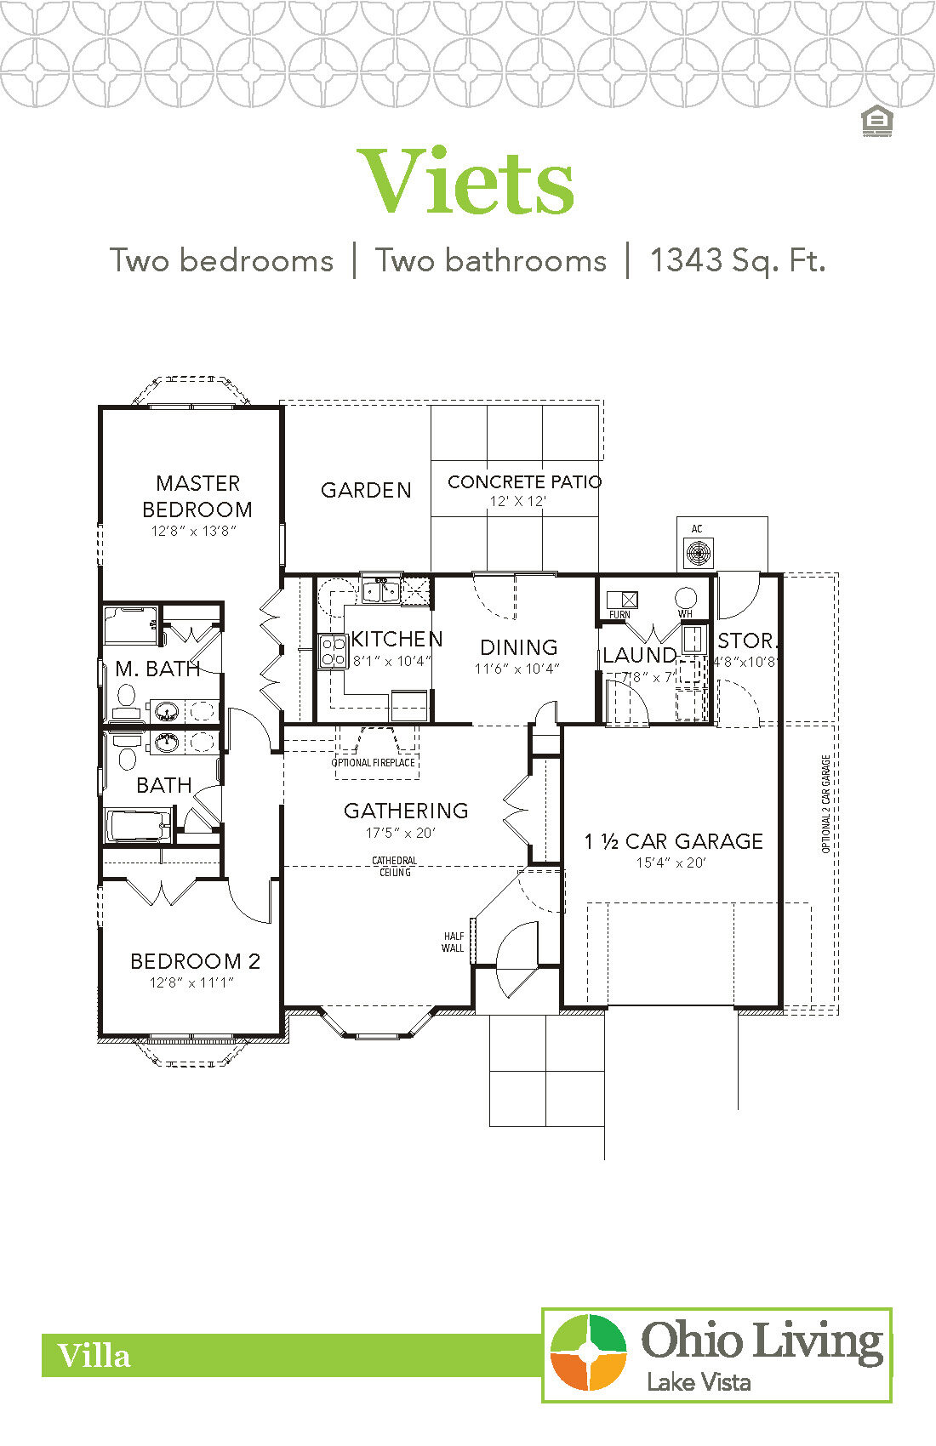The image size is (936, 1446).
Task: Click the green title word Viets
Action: (x=466, y=183)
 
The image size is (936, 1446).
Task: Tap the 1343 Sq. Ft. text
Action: (x=737, y=260)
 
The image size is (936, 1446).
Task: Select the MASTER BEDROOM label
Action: (x=197, y=496)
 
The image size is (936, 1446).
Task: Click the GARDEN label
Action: (x=366, y=490)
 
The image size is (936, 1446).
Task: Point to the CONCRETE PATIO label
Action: (x=524, y=481)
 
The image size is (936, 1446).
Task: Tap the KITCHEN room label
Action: (x=397, y=639)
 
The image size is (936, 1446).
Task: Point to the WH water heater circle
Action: (x=686, y=596)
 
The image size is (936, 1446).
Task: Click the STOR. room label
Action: (x=745, y=640)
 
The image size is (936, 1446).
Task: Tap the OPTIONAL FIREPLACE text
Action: (x=373, y=763)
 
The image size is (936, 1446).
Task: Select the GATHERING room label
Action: (x=406, y=811)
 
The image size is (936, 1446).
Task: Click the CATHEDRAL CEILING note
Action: (x=395, y=866)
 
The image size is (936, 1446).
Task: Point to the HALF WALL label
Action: (x=454, y=942)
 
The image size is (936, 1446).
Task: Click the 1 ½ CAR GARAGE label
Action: (x=673, y=841)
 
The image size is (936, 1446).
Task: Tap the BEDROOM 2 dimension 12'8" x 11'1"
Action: (x=192, y=982)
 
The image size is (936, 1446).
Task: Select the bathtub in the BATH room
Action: (x=138, y=825)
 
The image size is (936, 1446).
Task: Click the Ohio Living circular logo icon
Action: (x=588, y=1352)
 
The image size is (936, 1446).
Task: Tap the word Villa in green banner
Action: (x=94, y=1356)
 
